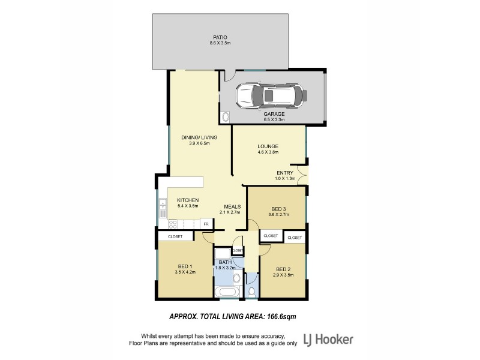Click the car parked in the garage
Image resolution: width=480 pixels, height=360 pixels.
[x=272, y=95]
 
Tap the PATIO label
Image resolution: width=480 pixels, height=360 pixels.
[x=220, y=37]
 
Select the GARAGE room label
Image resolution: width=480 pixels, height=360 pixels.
[x=274, y=114]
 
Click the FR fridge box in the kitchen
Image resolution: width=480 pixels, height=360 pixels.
[x=206, y=224]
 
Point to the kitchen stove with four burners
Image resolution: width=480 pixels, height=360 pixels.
[x=173, y=224]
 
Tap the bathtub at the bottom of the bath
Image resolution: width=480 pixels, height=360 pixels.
[x=227, y=293]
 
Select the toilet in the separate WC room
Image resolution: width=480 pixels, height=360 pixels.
[x=251, y=292]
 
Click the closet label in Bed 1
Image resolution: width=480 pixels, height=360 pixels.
[x=175, y=236]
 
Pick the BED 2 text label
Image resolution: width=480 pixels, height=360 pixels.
[x=283, y=269]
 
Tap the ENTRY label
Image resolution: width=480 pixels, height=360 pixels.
[x=285, y=173]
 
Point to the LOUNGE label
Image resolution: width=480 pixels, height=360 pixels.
[x=268, y=146]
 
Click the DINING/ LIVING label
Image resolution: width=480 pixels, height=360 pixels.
[x=199, y=137]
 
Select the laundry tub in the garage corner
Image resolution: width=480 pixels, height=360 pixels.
[x=226, y=116]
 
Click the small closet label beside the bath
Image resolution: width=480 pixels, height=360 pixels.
[x=238, y=250]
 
